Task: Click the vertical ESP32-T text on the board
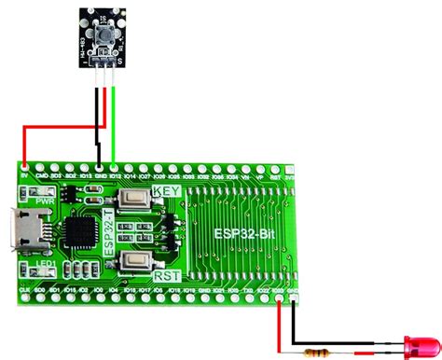point(110,234)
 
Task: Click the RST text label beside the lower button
point(168,276)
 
